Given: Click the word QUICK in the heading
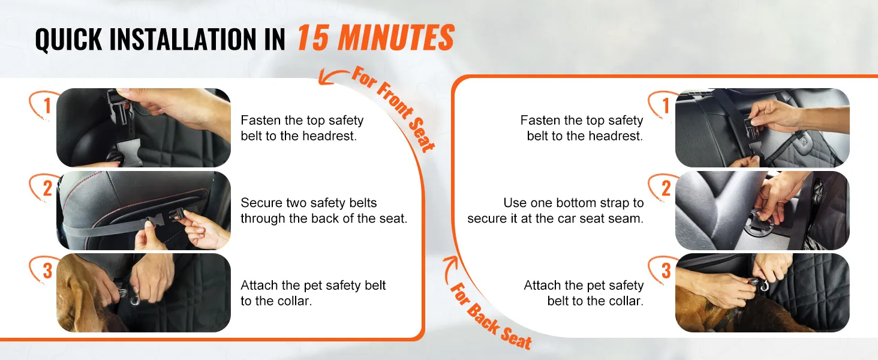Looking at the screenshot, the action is tap(68, 40).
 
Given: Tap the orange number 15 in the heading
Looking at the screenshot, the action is tap(313, 38).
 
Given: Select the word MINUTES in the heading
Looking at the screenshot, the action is tap(396, 38).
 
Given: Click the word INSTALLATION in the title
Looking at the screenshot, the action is tap(183, 39).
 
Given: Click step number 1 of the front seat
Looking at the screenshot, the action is tap(47, 106).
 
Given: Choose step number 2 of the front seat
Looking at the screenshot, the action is tap(47, 188).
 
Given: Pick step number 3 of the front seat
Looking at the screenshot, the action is tap(47, 271).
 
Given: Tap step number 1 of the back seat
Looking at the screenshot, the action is tap(666, 106).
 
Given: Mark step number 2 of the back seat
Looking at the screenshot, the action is tap(666, 188).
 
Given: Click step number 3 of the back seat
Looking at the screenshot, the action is tap(666, 271).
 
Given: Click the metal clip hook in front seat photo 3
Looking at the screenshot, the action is tap(136, 301).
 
